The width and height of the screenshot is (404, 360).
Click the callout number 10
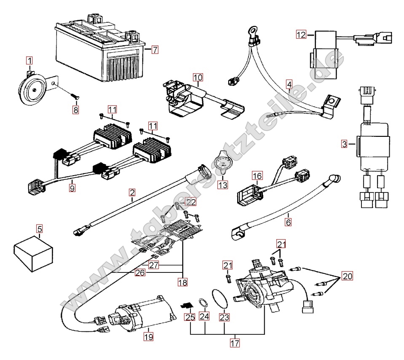tap(198, 77)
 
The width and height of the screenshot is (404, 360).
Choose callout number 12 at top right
tap(301, 35)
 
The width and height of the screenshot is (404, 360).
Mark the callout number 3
tap(345, 144)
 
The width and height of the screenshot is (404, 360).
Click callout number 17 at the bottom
tap(235, 343)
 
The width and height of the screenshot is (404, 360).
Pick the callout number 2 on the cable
tap(132, 193)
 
